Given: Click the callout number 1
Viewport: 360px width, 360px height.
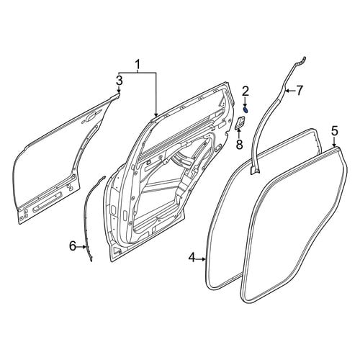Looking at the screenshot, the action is coord(138,65).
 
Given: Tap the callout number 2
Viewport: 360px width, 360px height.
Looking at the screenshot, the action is coord(246,91).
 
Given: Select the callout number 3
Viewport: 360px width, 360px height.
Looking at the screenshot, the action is coord(120,81).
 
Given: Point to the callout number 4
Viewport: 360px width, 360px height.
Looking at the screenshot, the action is coord(192,258).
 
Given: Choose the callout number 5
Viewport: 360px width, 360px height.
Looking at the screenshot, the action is coord(335,132).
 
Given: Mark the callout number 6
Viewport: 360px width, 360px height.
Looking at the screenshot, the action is coord(73,246).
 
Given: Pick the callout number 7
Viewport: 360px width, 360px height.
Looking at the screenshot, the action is coord(299,91).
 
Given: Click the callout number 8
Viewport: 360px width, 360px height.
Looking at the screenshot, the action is coord(239,145).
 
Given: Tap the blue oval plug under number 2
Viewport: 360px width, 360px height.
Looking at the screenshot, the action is coord(246,110).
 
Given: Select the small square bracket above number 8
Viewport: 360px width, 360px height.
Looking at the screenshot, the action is coord(240,122).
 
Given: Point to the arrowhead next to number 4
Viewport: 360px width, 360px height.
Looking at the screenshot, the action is coord(204,259).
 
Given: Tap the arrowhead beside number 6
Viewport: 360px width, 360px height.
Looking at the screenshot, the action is coord(84,246).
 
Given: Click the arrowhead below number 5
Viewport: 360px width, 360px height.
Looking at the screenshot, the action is coord(335,145).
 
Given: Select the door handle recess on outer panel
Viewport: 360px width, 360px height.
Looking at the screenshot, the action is coord(91,117).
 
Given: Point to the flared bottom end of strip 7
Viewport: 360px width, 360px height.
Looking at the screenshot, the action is coord(255,170).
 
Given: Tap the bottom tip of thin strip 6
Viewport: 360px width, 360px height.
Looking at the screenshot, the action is coord(91,261).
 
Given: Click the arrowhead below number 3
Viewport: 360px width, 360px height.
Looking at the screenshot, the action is coord(120,91).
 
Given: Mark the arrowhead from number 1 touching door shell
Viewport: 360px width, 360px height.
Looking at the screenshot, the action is coord(156,115).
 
